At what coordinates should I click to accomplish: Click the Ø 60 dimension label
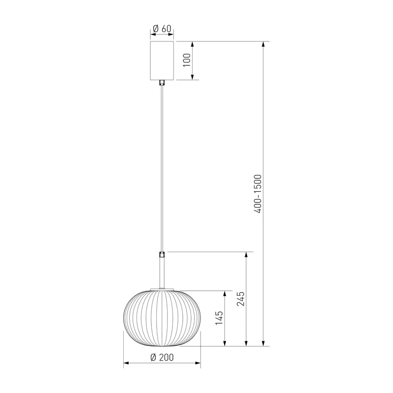click(x=162, y=28)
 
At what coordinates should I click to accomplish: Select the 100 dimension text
click(x=187, y=60)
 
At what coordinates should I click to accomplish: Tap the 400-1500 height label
click(x=257, y=194)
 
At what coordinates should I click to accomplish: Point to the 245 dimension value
click(x=241, y=299)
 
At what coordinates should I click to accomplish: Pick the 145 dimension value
click(x=219, y=318)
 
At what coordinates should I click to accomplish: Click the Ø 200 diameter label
click(x=162, y=357)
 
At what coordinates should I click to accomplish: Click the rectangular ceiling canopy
click(x=162, y=60)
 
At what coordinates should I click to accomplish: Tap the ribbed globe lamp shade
click(x=162, y=318)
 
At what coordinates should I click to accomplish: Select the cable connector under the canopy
click(x=162, y=83)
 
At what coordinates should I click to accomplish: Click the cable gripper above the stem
click(x=162, y=255)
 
